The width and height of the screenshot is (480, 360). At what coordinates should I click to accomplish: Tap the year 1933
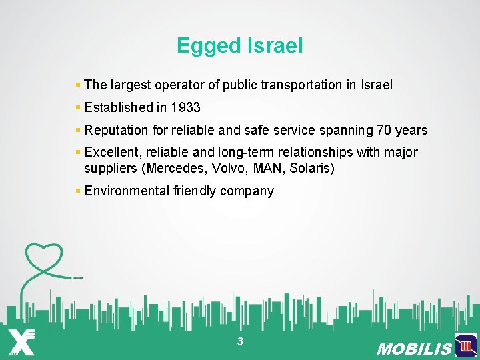click(x=185, y=107)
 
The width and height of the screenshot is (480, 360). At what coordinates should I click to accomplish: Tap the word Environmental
click(x=127, y=191)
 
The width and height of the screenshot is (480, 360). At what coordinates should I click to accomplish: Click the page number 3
click(x=240, y=342)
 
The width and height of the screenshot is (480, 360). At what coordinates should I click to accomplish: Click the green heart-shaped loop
click(x=43, y=257)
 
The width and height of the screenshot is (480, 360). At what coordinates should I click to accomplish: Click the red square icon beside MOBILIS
click(x=466, y=346)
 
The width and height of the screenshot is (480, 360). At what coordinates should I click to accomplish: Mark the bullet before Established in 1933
click(x=78, y=107)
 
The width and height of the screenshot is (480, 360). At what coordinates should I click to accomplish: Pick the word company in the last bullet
click(x=249, y=191)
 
